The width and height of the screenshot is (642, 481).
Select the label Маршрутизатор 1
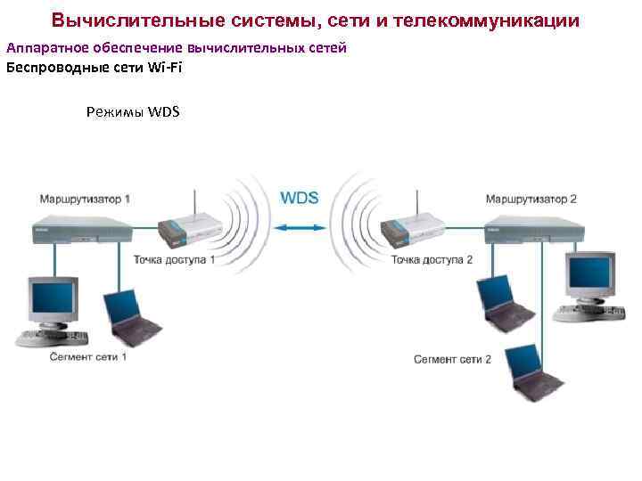(x=84, y=198)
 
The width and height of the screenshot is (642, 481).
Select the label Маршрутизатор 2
(x=531, y=199)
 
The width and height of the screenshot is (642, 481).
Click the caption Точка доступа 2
(x=432, y=260)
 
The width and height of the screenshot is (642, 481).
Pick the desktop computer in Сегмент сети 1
(x=53, y=312)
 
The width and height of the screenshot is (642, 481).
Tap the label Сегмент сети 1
(x=88, y=356)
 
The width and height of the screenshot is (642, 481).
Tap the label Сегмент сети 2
(x=452, y=359)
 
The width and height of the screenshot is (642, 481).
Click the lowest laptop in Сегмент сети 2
(x=531, y=374)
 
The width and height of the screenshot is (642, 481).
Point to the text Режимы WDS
(x=133, y=111)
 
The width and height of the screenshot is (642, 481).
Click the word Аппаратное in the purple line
(x=40, y=47)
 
